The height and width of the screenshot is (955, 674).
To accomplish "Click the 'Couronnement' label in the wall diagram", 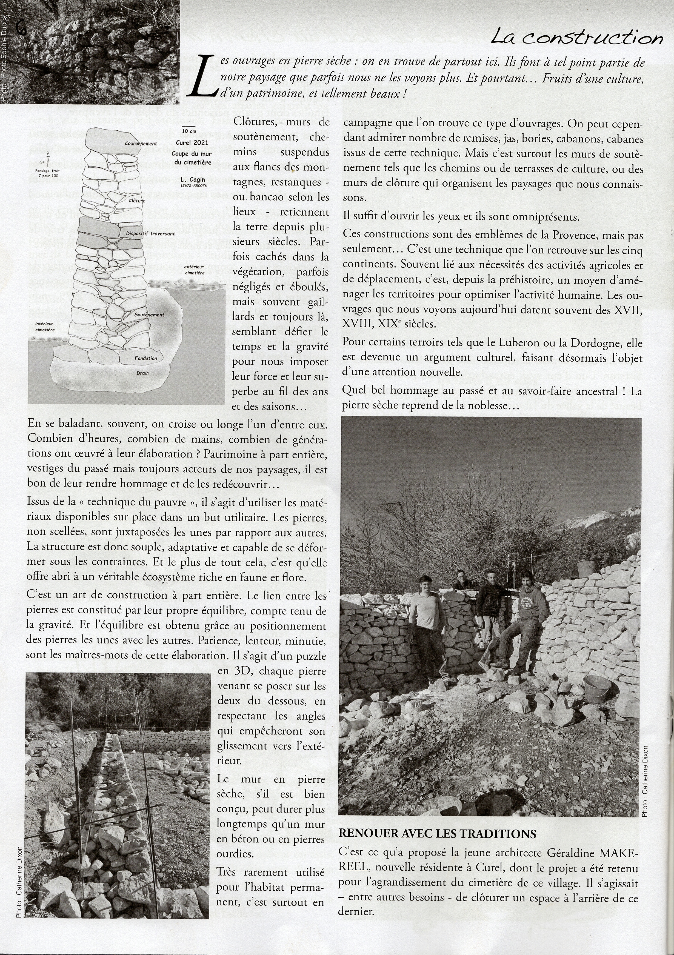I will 141,144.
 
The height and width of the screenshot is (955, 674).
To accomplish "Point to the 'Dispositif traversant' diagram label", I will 150,234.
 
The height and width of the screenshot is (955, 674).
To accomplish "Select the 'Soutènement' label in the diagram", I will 149,314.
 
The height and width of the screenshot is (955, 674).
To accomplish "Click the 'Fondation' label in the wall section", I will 145,358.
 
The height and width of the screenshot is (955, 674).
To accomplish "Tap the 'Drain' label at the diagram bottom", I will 142,373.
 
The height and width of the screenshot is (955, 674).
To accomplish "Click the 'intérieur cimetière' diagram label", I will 45,327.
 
